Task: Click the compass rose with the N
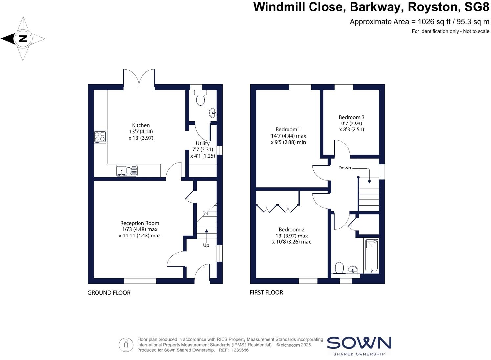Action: (23, 39)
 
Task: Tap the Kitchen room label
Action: (141, 125)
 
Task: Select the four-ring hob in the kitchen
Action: (100, 137)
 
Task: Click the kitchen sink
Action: (127, 170)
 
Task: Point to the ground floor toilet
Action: (201, 99)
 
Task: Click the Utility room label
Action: (203, 143)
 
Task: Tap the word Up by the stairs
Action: (206, 245)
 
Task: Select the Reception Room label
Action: (139, 223)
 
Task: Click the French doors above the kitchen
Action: (139, 79)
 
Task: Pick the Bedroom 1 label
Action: (288, 129)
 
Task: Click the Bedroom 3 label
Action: (352, 117)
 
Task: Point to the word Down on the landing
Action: (345, 168)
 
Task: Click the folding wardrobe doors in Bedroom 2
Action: (278, 208)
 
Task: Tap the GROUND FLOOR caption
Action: (109, 293)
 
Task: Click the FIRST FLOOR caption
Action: (266, 292)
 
